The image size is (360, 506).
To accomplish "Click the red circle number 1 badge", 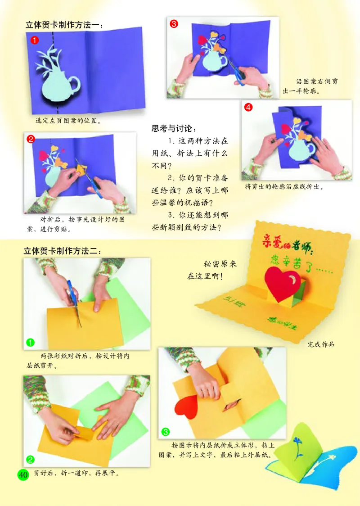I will click(x=34, y=40).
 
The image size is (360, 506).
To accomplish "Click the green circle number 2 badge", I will click(x=30, y=459).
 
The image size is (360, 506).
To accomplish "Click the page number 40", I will click(x=22, y=474).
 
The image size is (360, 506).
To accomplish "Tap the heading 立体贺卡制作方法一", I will click(x=63, y=26).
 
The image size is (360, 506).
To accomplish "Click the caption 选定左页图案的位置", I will click(x=68, y=121).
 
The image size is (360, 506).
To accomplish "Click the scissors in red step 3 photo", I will click(x=235, y=72).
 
